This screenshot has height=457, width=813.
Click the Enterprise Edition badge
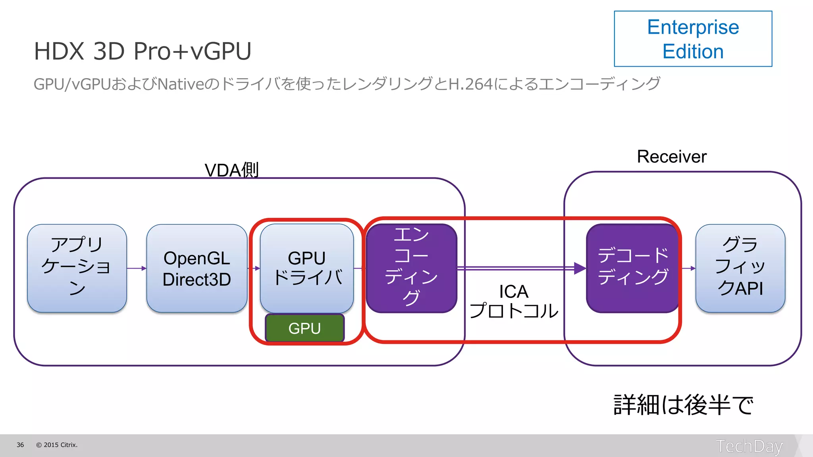[x=693, y=39]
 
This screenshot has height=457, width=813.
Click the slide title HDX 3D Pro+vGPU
[x=143, y=51]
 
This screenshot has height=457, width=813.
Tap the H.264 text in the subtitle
[x=470, y=84]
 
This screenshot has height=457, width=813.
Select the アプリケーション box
[x=77, y=268]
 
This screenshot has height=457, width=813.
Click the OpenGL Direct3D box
[x=197, y=269]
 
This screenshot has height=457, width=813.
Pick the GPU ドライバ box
[x=307, y=268]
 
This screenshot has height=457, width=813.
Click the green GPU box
[x=304, y=328]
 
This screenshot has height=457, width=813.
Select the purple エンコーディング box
[x=411, y=268]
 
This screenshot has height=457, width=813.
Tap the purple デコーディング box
[x=633, y=268]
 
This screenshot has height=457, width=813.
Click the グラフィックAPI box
[x=740, y=268]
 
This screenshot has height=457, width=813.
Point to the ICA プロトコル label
[x=514, y=301]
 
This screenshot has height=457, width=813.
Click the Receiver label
[x=672, y=157]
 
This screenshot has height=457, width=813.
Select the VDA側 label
[x=231, y=170]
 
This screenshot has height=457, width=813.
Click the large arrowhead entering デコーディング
[x=580, y=269]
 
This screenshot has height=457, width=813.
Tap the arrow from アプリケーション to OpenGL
[x=137, y=269]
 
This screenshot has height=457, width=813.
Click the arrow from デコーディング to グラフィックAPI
[x=688, y=269]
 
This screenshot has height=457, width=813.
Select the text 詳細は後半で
[x=683, y=405]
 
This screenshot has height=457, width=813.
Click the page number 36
[x=20, y=445]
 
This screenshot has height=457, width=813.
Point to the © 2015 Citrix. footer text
[x=57, y=445]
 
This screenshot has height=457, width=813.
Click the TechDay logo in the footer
[x=749, y=446]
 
